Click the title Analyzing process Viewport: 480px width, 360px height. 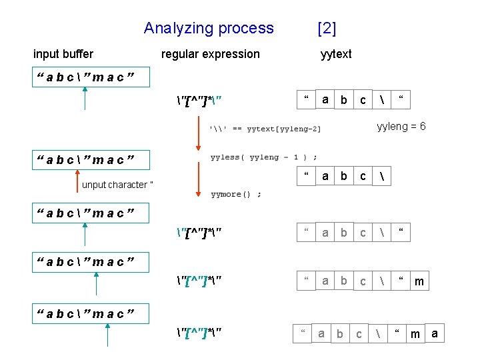coord(209,28)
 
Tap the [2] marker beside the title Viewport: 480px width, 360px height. coord(327,28)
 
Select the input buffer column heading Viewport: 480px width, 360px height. coord(63,54)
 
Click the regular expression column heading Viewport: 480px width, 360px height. coord(211,54)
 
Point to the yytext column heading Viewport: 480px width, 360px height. coord(336,54)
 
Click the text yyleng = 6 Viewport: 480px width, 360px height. coord(401,127)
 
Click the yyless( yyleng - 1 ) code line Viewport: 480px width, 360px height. coord(264,157)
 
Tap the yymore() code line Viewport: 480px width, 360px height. coord(236,194)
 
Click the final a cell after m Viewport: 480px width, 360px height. coord(435,333)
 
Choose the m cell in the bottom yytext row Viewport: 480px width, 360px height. coord(415,333)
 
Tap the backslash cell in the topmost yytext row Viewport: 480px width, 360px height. coord(382,100)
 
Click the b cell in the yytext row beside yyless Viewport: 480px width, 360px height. coord(344,177)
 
